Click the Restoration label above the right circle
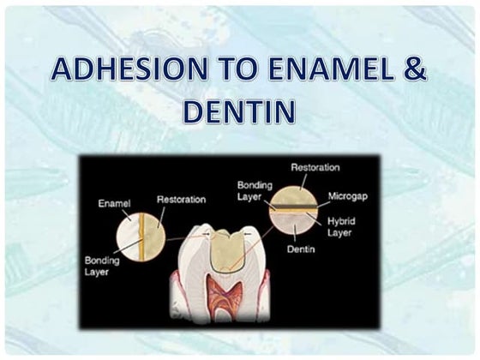[x=315, y=168]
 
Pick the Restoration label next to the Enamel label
[x=181, y=199]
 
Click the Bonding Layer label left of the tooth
[x=102, y=265]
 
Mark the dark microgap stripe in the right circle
[x=293, y=206]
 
